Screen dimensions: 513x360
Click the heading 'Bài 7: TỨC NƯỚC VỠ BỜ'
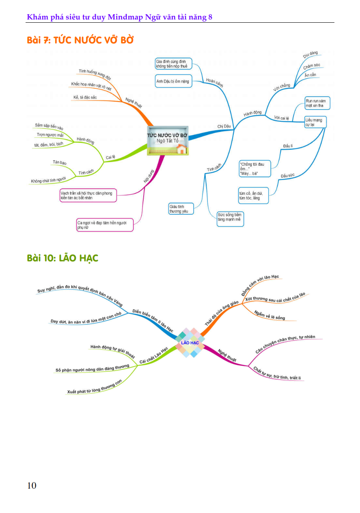pyautogui.click(x=80, y=40)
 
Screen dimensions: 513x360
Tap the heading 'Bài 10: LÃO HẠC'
pyautogui.click(x=63, y=258)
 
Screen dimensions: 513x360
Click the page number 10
pyautogui.click(x=32, y=485)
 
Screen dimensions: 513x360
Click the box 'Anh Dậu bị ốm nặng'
pyautogui.click(x=173, y=81)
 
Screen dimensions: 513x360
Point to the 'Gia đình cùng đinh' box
pyautogui.click(x=173, y=63)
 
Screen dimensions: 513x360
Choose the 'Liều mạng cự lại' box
pyautogui.click(x=315, y=122)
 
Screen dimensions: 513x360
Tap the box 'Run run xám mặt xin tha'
pyautogui.click(x=317, y=103)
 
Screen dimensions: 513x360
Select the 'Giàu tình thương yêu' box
pyautogui.click(x=181, y=209)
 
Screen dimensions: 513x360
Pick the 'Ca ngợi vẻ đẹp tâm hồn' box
pyautogui.click(x=105, y=225)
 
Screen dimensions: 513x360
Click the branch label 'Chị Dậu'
pyautogui.click(x=224, y=126)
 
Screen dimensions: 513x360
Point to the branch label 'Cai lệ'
pyautogui.click(x=111, y=157)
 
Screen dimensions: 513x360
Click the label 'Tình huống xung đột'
pyautogui.click(x=95, y=74)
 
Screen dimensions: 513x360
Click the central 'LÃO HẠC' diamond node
pyautogui.click(x=190, y=343)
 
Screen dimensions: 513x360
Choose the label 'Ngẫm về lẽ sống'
pyautogui.click(x=270, y=315)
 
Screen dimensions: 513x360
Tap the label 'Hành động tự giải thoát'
pyautogui.click(x=112, y=349)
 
